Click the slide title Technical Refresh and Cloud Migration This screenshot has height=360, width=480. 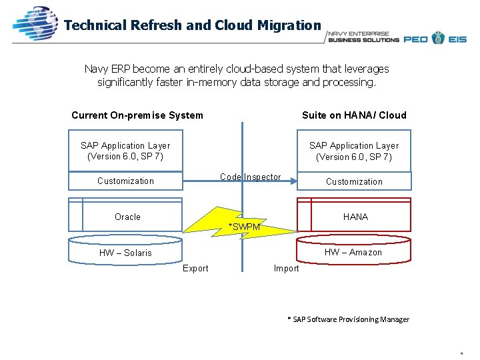pyautogui.click(x=193, y=25)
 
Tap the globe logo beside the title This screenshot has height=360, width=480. pyautogui.click(x=36, y=25)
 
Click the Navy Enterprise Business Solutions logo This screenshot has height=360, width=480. pyautogui.click(x=363, y=37)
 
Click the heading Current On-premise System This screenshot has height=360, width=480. pyautogui.click(x=137, y=115)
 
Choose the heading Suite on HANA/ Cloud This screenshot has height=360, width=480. pyautogui.click(x=354, y=115)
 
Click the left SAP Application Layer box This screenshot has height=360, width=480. pyautogui.click(x=125, y=151)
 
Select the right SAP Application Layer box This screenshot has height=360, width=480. pyautogui.click(x=354, y=151)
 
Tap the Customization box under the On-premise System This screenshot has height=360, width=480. pyautogui.click(x=125, y=181)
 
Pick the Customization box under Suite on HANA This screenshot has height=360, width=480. pyautogui.click(x=354, y=181)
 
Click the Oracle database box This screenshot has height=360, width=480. pyautogui.click(x=127, y=217)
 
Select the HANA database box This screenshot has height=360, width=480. pyautogui.click(x=355, y=217)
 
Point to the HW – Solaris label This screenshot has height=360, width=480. pyautogui.click(x=125, y=253)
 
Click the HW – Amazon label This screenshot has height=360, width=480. pyautogui.click(x=353, y=252)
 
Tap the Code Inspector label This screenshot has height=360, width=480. pyautogui.click(x=251, y=177)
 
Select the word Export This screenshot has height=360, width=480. pyautogui.click(x=195, y=269)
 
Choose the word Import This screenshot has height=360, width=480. pyautogui.click(x=287, y=269)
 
